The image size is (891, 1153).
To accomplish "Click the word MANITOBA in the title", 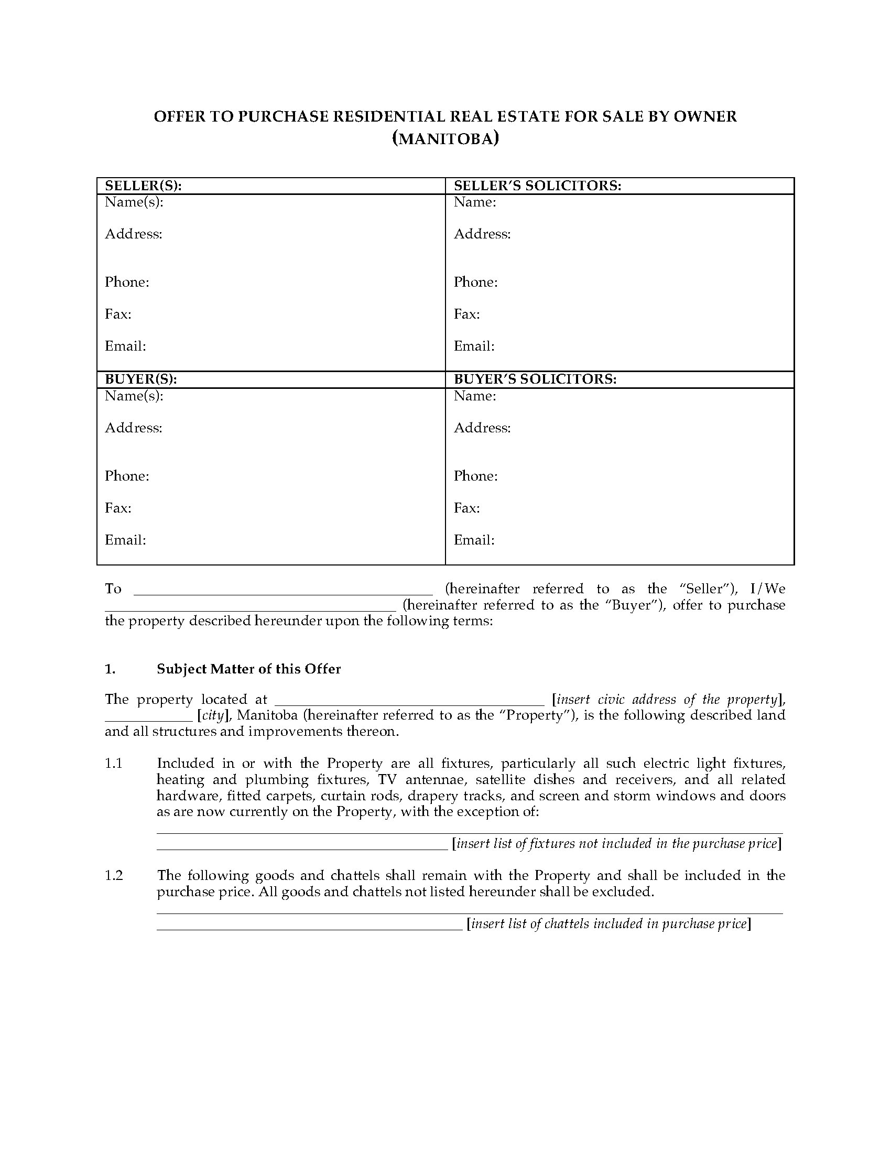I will (445, 139).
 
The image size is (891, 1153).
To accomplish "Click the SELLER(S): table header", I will (143, 186).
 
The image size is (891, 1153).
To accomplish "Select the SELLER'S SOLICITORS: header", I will (537, 186).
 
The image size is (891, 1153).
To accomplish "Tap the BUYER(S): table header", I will (140, 379).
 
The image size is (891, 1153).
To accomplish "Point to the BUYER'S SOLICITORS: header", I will (535, 379).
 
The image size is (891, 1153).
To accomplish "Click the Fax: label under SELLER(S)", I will (118, 314).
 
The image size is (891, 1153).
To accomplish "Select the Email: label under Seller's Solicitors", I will (474, 346).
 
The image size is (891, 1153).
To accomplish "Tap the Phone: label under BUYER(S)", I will (127, 476).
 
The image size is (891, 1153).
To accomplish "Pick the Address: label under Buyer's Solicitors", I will (482, 428).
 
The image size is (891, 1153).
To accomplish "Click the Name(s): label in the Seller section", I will (134, 202).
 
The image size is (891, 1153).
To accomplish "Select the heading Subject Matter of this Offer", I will (248, 669).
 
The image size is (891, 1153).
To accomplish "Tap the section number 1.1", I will (114, 764).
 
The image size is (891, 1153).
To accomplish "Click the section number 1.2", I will (114, 876).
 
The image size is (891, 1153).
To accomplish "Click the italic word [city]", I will (213, 716).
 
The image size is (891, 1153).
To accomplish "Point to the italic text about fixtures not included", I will (616, 844).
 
